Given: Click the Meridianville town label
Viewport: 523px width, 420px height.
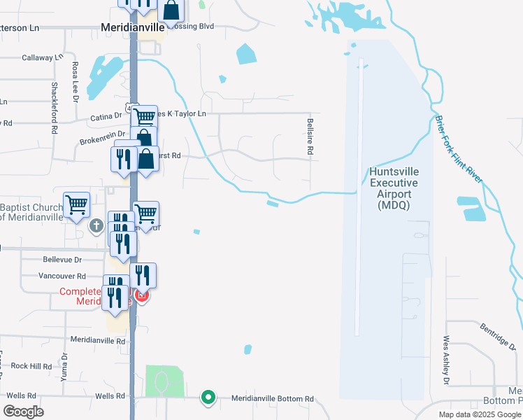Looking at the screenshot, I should click(x=133, y=27).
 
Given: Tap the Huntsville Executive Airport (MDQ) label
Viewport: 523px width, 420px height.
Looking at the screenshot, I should click(x=393, y=189).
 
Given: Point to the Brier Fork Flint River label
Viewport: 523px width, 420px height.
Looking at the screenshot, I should click(x=459, y=149).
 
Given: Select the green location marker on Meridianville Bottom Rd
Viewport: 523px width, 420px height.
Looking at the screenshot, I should click(x=208, y=398).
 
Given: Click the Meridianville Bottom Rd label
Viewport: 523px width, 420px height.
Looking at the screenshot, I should click(x=273, y=398).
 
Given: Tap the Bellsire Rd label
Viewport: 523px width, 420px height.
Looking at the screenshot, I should click(x=309, y=136).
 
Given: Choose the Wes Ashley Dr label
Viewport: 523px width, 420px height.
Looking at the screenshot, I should click(x=445, y=360).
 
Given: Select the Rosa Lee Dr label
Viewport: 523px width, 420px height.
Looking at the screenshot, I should click(x=75, y=83).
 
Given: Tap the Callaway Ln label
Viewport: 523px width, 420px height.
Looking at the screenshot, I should click(x=43, y=58).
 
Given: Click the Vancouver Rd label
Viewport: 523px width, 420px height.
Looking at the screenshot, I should click(x=64, y=276).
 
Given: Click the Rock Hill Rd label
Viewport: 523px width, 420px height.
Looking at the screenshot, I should click(x=31, y=366).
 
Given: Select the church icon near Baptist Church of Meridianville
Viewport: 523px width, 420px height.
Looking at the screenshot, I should click(x=97, y=225).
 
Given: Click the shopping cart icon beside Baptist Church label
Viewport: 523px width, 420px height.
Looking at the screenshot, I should click(x=76, y=204).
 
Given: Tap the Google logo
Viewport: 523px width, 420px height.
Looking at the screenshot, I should click(x=23, y=412).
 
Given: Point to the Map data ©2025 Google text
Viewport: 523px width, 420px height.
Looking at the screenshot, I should click(x=479, y=414).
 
